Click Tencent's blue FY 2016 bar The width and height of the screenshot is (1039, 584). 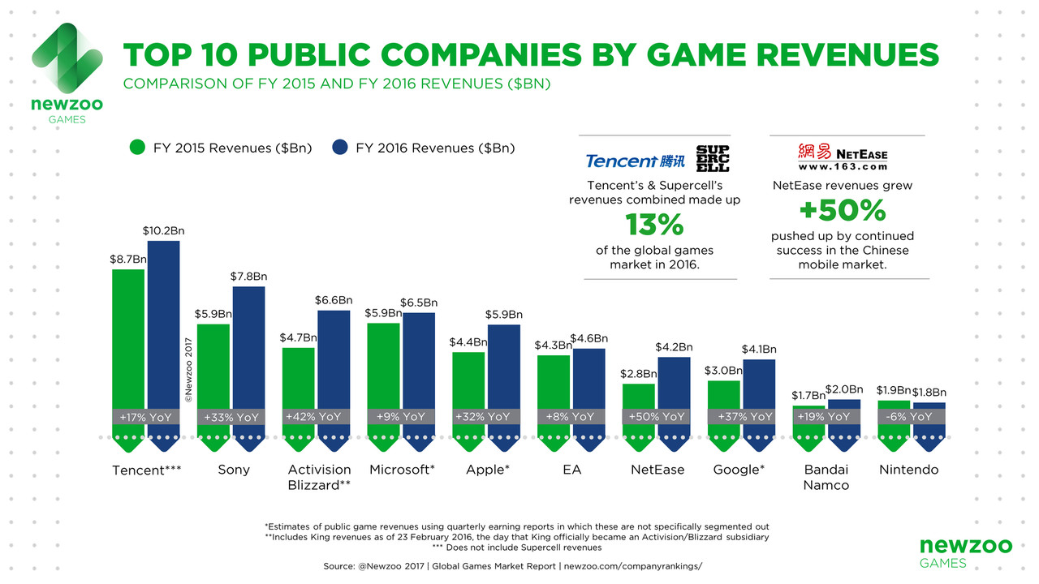[x=163, y=324]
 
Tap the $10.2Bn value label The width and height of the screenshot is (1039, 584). [x=162, y=231]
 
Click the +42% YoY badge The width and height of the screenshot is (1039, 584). [x=313, y=416]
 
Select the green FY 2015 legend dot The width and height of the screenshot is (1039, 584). [x=137, y=148]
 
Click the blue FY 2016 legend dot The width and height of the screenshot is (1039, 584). [x=340, y=148]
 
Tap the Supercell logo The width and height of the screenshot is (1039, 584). [x=713, y=158]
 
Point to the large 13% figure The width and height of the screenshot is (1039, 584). [x=654, y=224]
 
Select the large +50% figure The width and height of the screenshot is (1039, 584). [x=842, y=211]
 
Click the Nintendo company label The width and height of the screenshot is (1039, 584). [x=909, y=470]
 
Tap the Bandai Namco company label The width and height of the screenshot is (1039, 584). [x=826, y=477]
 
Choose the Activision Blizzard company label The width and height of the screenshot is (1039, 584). [x=319, y=477]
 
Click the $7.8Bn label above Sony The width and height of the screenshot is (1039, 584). [x=248, y=277]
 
